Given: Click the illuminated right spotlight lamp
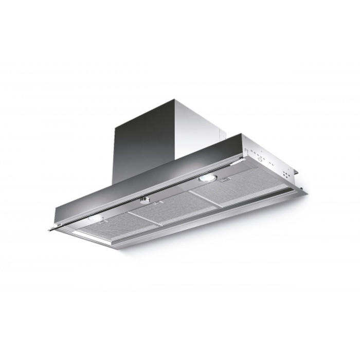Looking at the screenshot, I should (207, 178).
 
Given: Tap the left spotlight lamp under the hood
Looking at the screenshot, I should (96, 219).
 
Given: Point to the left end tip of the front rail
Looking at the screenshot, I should (51, 226).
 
